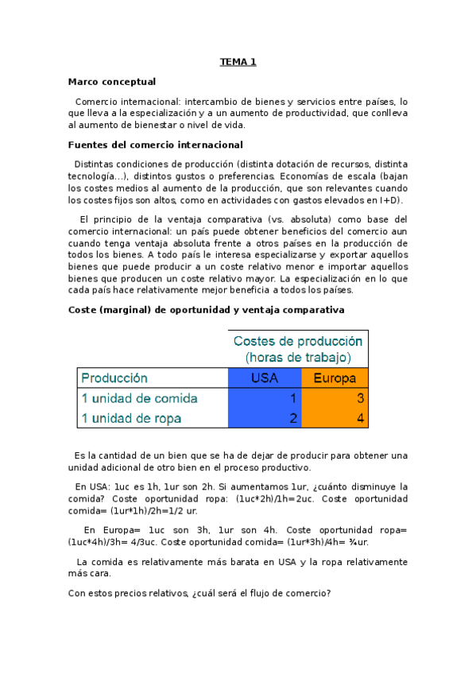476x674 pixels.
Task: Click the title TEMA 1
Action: [x=238, y=61]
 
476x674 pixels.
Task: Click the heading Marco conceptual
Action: [x=111, y=81]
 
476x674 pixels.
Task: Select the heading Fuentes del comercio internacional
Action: [x=155, y=145]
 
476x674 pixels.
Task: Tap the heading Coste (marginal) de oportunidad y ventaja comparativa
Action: [x=206, y=309]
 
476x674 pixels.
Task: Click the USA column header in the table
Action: [x=264, y=378]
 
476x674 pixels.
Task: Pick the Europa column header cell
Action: [x=334, y=378]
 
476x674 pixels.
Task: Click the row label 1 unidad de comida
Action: [x=139, y=398]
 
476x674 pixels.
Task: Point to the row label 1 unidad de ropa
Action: [x=131, y=418]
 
